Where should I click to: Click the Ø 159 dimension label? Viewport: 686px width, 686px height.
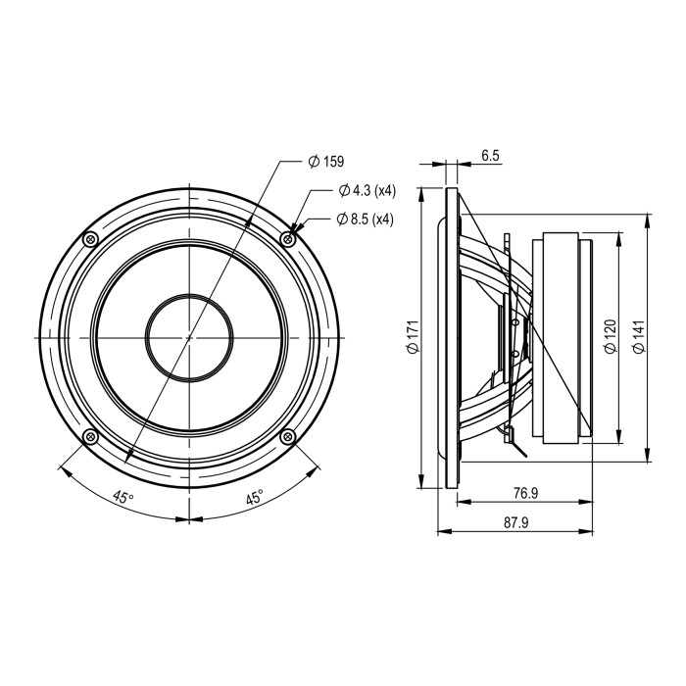coord(326,162)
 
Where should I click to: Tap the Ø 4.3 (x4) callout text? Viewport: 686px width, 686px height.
coord(367,190)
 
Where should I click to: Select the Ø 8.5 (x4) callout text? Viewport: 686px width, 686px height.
coord(366,219)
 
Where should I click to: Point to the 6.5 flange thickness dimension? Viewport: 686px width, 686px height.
coord(490,155)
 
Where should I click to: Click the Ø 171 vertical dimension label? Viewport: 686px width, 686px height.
coord(414,336)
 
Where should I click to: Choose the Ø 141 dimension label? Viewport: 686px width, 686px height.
coord(639,336)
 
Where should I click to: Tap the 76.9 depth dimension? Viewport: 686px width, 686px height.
coord(525,493)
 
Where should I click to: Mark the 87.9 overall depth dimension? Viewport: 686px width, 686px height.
coord(515,522)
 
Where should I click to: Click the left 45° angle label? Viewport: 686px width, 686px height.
coord(122,497)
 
